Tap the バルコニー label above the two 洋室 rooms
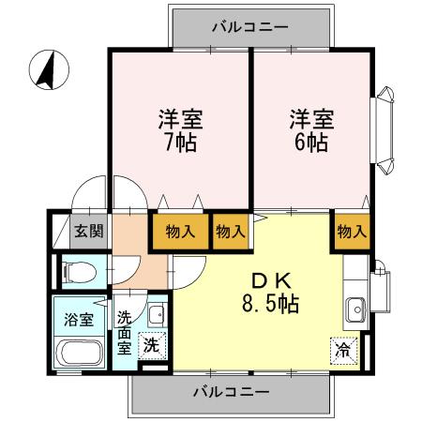pyautogui.click(x=249, y=27)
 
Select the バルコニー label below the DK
pyautogui.click(x=232, y=390)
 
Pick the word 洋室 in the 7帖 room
pyautogui.click(x=178, y=121)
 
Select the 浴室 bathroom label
pyautogui.click(x=78, y=319)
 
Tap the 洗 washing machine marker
pyautogui.click(x=152, y=344)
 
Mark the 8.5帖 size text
pyautogui.click(x=273, y=305)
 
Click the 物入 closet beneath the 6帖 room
pyautogui.click(x=351, y=231)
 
